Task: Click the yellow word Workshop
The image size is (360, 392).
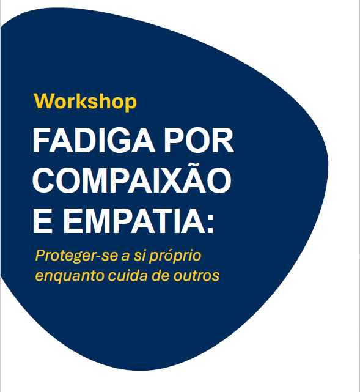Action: pos(86,102)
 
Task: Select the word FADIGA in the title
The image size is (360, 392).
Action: pos(94,140)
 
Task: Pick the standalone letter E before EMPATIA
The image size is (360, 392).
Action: pos(43,221)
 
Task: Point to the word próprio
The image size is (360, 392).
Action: pos(175,256)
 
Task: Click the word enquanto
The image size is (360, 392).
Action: pos(70,276)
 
